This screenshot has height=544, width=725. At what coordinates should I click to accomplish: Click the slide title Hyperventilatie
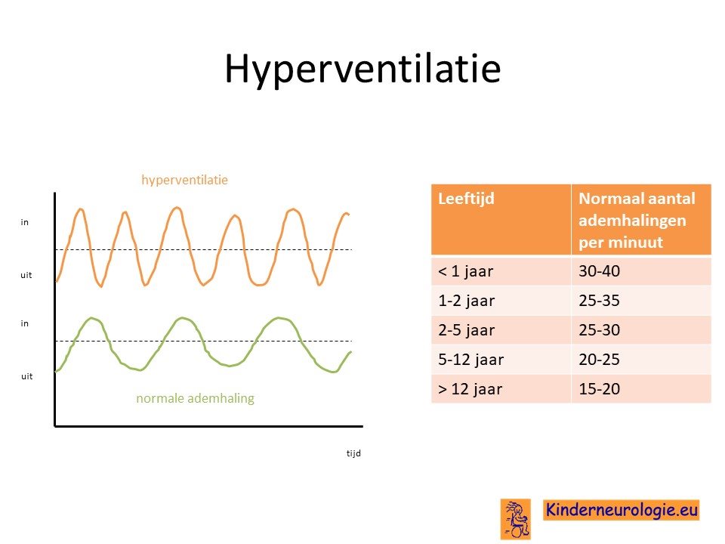pos(363,70)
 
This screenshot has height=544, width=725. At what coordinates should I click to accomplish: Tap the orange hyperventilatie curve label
pos(184,180)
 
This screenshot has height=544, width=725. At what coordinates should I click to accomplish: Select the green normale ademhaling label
pos(195,398)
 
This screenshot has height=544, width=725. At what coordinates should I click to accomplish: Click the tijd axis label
pos(353,453)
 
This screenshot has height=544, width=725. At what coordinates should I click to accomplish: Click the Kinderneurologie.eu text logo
pos(621,510)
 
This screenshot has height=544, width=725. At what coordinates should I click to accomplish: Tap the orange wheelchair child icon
pos(516,519)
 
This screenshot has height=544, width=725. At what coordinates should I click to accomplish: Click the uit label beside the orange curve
pos(26,275)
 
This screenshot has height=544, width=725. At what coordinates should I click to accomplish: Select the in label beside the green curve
pos(24,323)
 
